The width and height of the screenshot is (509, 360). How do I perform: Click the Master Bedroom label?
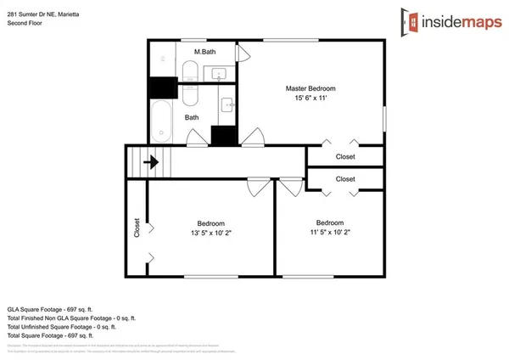tap(310, 89)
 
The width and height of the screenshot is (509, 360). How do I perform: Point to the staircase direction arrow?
tap(154, 161)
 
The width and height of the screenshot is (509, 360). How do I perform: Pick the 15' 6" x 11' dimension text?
tap(310, 99)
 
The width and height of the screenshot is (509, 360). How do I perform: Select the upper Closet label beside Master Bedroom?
tap(345, 157)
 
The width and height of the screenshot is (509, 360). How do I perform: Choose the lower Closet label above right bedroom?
tap(345, 179)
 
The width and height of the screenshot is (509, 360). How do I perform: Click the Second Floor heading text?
tap(25, 23)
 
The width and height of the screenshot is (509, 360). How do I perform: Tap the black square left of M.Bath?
tap(161, 87)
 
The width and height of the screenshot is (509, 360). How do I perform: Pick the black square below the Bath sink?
tap(223, 135)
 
